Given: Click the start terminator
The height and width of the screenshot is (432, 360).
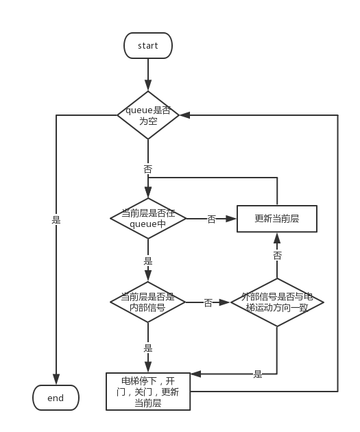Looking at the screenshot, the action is pyautogui.click(x=148, y=45).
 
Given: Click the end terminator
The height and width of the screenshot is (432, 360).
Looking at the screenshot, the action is pyautogui.click(x=56, y=398).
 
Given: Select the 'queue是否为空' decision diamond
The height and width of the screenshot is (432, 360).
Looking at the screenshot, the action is pyautogui.click(x=148, y=115).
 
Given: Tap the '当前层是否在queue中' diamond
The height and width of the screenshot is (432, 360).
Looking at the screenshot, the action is pyautogui.click(x=148, y=219).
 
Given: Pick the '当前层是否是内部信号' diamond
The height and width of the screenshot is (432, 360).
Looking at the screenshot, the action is pyautogui.click(x=148, y=302).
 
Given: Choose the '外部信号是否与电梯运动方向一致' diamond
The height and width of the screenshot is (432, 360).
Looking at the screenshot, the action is pyautogui.click(x=277, y=302).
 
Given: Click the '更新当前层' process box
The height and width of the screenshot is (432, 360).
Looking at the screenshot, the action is pyautogui.click(x=277, y=219).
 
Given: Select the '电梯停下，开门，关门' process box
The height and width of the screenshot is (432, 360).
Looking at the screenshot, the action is pyautogui.click(x=148, y=392).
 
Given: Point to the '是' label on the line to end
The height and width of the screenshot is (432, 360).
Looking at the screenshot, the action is pyautogui.click(x=56, y=220).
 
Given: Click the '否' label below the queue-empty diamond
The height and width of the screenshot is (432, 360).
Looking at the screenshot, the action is pyautogui.click(x=148, y=169).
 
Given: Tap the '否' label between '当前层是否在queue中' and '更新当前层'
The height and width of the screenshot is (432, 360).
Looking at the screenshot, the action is pyautogui.click(x=211, y=219).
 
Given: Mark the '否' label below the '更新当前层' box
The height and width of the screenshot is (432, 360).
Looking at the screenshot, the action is pyautogui.click(x=277, y=255).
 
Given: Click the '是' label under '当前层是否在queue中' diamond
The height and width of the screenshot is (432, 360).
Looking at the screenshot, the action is pyautogui.click(x=148, y=261).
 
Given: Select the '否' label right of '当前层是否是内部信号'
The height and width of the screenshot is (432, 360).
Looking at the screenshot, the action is pyautogui.click(x=208, y=303).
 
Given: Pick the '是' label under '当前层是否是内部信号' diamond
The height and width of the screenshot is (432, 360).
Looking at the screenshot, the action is pyautogui.click(x=148, y=348).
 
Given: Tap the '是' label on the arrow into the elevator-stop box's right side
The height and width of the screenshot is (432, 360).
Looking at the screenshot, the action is pyautogui.click(x=258, y=374).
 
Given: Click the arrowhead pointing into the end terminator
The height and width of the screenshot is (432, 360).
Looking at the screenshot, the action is pyautogui.click(x=56, y=379).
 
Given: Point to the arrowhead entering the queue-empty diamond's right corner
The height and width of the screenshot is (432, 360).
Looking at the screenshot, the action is pyautogui.click(x=185, y=115).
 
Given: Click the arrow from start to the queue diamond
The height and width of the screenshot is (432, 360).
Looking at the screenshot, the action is pyautogui.click(x=148, y=75).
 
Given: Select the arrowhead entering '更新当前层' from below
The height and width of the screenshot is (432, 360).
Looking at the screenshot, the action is pyautogui.click(x=277, y=238).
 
